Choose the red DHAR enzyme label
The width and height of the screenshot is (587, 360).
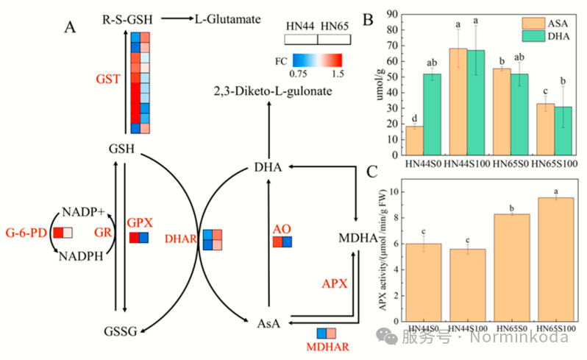tap(181, 239)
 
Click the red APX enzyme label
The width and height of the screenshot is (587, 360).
tap(335, 283)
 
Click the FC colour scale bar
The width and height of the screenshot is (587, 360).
tap(317, 60)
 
